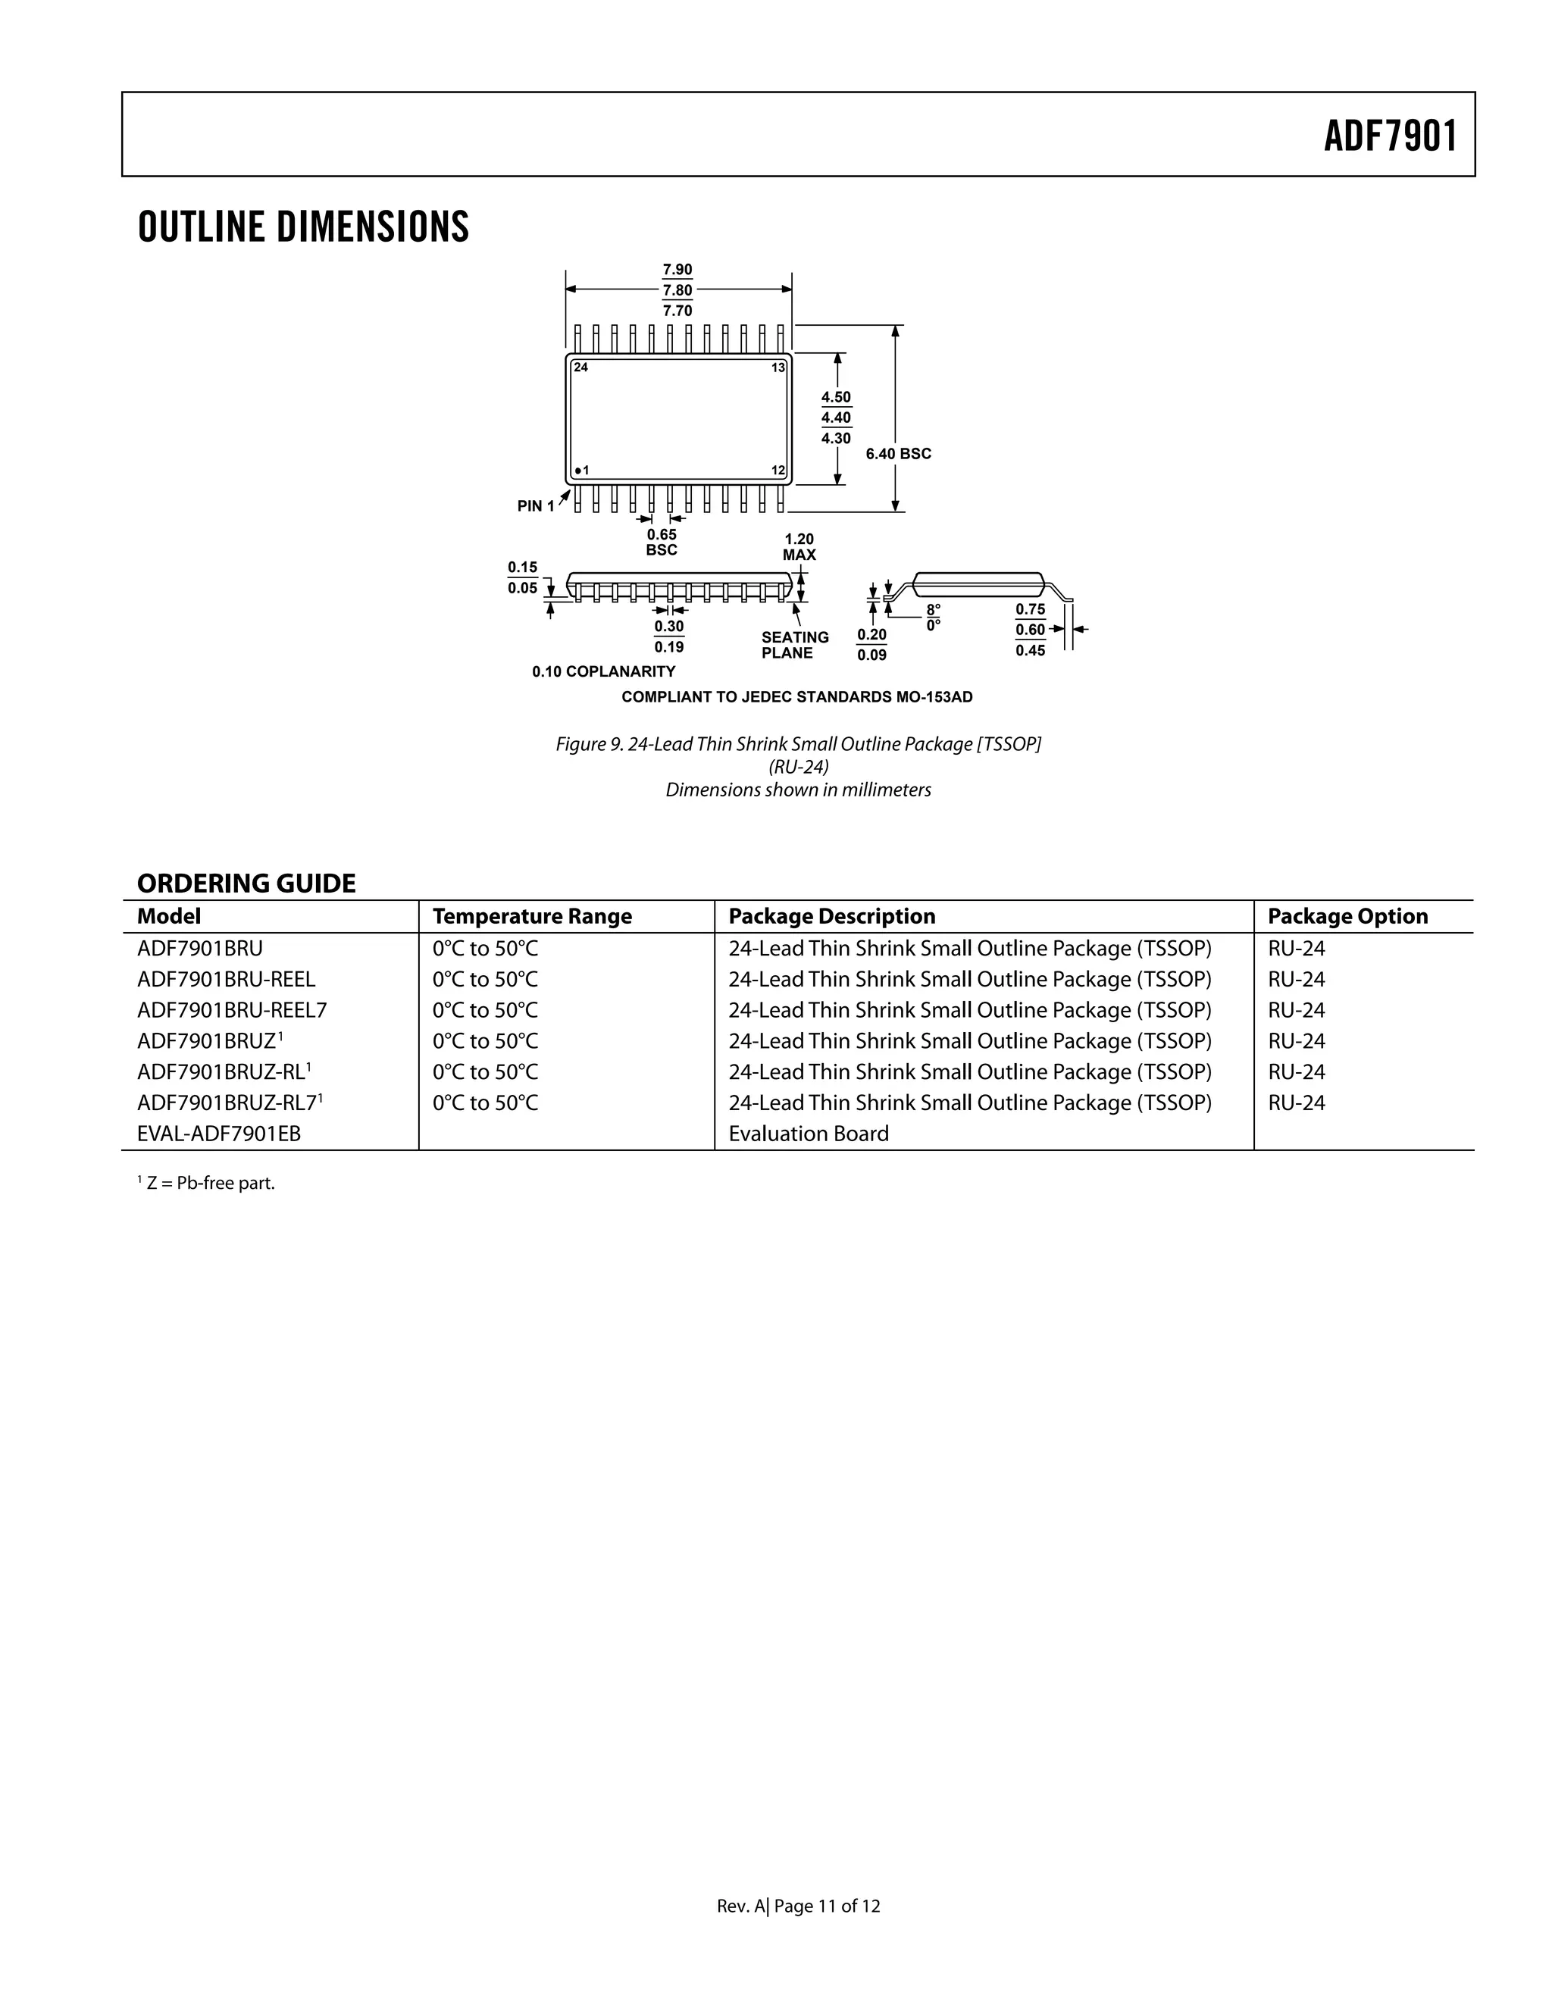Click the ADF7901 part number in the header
coord(1390,136)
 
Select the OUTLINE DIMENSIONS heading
coord(303,227)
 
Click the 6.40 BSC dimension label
coord(898,453)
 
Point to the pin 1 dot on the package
coord(577,471)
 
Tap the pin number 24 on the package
coord(580,367)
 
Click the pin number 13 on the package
coord(778,368)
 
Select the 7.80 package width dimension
coord(677,290)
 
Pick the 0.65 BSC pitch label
coord(661,542)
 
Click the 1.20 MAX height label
coord(799,546)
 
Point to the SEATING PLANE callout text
coord(794,645)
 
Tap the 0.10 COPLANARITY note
coord(603,671)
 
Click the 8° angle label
coord(933,609)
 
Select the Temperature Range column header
coord(532,916)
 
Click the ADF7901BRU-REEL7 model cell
coord(232,1009)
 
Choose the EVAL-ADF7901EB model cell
coord(219,1134)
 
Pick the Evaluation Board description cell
coord(808,1134)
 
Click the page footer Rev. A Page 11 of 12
coord(798,1906)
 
